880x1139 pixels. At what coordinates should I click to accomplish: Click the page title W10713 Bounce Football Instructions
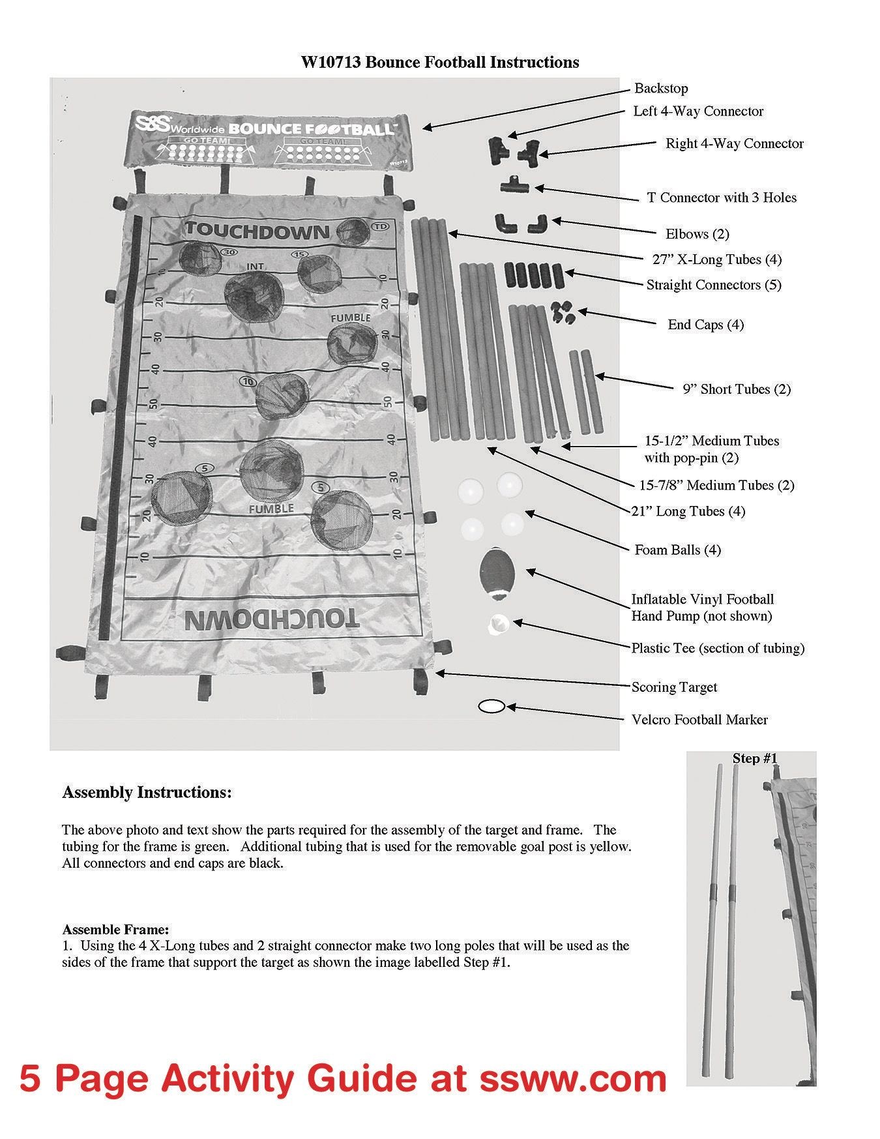point(439,63)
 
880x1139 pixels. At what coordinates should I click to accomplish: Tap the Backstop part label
point(661,89)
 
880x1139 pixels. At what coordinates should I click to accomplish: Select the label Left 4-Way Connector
point(698,111)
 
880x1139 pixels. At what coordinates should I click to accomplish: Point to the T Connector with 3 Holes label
point(722,198)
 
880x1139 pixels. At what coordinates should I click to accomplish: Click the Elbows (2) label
point(697,234)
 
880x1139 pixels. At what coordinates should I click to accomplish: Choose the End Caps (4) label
point(705,325)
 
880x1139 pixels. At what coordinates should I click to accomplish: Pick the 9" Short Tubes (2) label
point(737,389)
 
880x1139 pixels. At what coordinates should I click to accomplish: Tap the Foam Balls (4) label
point(678,550)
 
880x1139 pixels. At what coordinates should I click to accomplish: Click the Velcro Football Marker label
point(699,720)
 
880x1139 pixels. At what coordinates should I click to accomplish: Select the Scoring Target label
point(674,687)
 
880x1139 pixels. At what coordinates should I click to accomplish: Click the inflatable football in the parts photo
point(497,572)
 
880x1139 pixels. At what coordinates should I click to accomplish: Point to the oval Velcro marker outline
point(491,706)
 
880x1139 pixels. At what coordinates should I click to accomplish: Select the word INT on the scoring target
point(255,267)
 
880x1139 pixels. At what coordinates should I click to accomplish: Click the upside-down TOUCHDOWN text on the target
point(271,620)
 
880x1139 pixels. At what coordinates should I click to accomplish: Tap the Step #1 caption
point(755,758)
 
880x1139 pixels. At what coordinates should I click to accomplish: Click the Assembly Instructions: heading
point(147,793)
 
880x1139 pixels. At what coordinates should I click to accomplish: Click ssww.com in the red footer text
point(573,1078)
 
